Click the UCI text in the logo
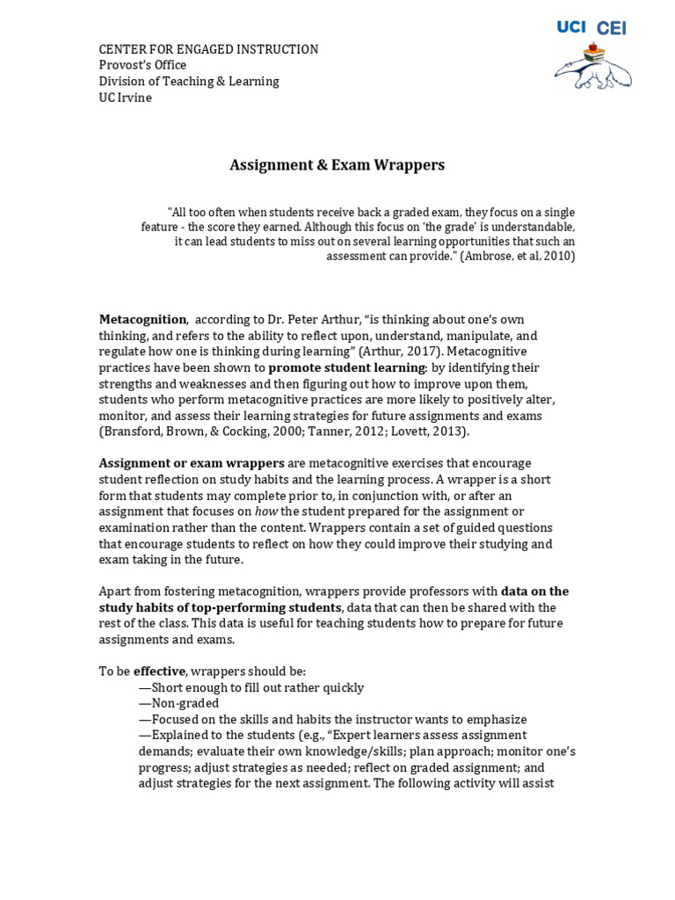571,28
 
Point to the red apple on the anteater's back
598,47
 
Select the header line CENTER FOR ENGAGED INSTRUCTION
208,49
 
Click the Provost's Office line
142,65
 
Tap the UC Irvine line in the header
125,97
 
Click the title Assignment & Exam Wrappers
337,164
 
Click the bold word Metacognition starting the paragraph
142,320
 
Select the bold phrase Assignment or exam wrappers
192,463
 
